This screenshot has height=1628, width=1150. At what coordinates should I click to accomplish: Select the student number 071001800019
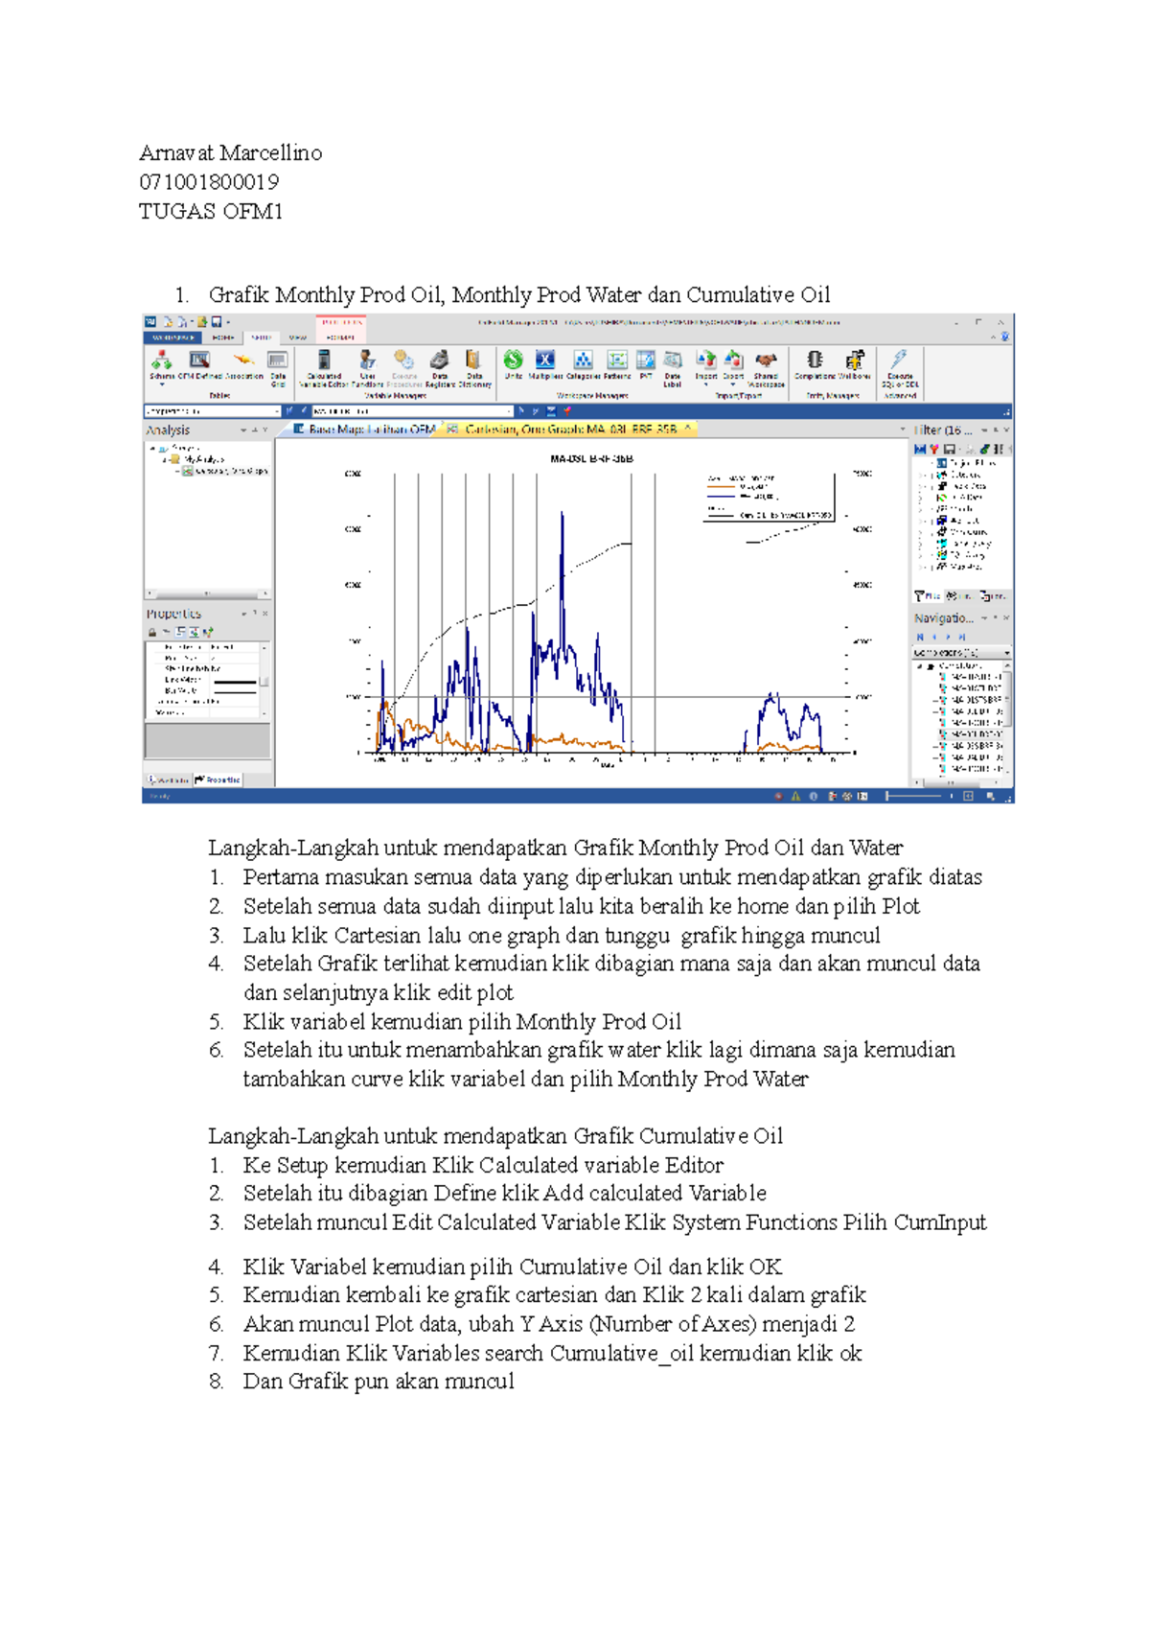208,182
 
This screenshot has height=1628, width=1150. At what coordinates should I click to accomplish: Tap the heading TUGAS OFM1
210,212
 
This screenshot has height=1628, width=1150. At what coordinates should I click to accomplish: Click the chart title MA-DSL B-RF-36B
591,459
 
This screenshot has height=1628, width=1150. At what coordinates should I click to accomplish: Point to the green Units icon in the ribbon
514,361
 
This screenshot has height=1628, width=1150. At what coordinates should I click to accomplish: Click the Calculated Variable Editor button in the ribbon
324,365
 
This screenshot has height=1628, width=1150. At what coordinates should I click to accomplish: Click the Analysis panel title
169,430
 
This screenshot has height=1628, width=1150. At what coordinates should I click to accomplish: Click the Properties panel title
173,614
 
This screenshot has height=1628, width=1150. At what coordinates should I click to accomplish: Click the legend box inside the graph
769,497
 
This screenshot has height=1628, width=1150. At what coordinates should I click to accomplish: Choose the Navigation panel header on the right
943,618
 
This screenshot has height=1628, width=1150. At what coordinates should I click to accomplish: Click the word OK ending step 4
766,1268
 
